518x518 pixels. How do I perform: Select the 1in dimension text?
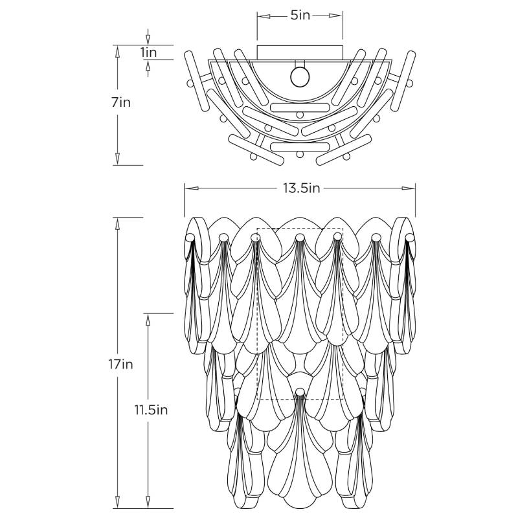[148, 52]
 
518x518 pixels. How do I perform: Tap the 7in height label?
[121, 102]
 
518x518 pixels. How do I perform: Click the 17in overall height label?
[121, 364]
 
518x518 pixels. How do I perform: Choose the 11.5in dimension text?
[152, 410]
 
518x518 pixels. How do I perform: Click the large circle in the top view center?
[300, 76]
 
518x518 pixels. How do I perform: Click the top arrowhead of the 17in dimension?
[117, 222]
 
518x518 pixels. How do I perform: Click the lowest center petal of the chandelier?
[299, 460]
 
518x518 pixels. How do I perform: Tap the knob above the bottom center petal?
[299, 391]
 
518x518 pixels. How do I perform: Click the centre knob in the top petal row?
[299, 240]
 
